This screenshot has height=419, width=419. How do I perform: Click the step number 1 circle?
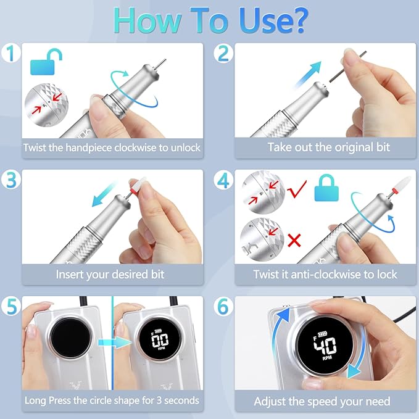pos(11,54)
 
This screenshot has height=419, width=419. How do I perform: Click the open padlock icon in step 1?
pos(43,62)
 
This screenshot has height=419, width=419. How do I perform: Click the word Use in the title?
pos(267,20)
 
